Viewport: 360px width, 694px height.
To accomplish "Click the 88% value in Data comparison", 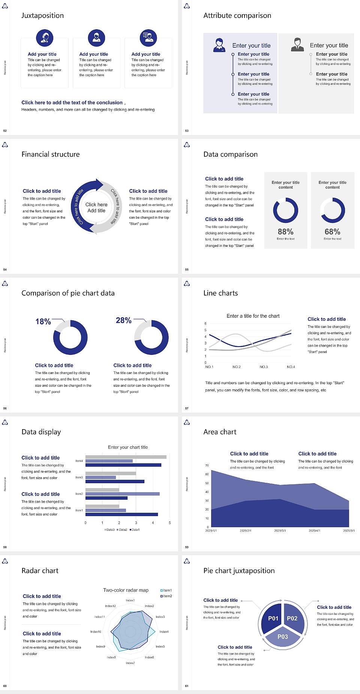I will [285, 232].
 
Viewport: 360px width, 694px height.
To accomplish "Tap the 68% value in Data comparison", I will [332, 232].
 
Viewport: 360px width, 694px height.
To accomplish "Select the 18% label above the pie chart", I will [43, 321].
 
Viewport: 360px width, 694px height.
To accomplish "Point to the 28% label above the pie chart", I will [123, 320].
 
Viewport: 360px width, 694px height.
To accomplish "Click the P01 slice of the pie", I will [273, 618].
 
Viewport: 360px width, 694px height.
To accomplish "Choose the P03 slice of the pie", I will [283, 637].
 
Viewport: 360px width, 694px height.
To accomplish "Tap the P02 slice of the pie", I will [292, 618].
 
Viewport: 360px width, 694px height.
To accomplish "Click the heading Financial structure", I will [51, 154].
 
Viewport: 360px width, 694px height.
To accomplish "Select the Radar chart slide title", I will [40, 571].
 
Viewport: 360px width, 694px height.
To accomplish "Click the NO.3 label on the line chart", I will [264, 367].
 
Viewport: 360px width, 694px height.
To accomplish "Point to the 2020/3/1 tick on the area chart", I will [280, 531].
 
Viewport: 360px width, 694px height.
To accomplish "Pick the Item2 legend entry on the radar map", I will [166, 596].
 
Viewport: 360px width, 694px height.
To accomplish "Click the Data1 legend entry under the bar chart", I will [135, 530].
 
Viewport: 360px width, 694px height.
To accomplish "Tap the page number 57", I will [187, 409].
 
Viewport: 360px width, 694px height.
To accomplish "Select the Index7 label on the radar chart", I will [130, 663].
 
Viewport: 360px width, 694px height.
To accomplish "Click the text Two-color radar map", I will [126, 590].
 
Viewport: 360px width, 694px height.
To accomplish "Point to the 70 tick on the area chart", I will [207, 466].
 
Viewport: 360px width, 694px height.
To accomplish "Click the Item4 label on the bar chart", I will [79, 461].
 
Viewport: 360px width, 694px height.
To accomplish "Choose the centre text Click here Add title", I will [96, 207].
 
